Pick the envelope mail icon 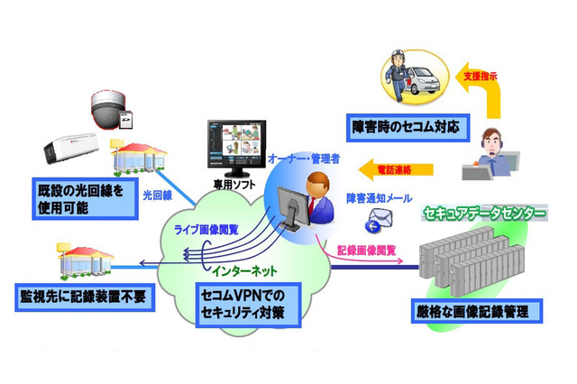coord(378,221)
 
